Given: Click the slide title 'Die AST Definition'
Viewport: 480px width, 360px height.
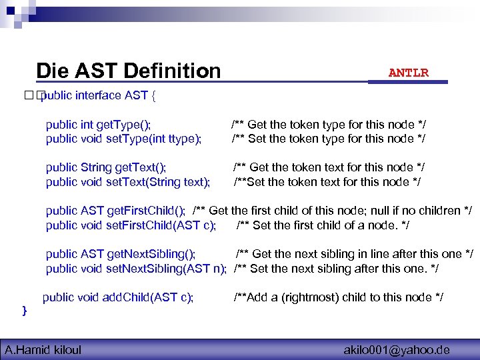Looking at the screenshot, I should (x=128, y=71).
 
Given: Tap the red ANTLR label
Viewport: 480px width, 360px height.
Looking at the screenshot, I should (x=409, y=73).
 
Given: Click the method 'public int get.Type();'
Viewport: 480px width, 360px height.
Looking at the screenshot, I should (x=98, y=125).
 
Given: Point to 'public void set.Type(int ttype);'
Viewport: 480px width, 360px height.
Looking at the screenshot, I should (x=123, y=139).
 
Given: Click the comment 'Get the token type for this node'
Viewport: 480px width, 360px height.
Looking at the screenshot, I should (x=329, y=125).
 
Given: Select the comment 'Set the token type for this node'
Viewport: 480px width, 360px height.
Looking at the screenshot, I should (x=329, y=139).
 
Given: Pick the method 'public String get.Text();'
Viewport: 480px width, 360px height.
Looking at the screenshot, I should (x=106, y=167).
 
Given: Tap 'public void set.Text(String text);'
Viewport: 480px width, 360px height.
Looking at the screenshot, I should (x=128, y=181).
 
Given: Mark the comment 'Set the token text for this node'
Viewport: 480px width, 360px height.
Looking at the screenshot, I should (x=327, y=181).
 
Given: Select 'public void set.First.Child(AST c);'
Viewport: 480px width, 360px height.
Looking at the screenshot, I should (x=131, y=225).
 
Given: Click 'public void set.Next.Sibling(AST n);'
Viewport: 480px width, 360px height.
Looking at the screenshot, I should (x=136, y=268).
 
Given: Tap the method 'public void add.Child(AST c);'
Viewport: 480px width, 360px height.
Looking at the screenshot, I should (x=118, y=297).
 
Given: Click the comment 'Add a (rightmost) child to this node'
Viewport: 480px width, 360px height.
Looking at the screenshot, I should (x=339, y=297).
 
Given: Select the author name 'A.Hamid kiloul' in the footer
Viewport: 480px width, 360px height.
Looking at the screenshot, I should (x=43, y=349).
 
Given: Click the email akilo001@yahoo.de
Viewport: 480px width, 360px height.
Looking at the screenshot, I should (x=397, y=349).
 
